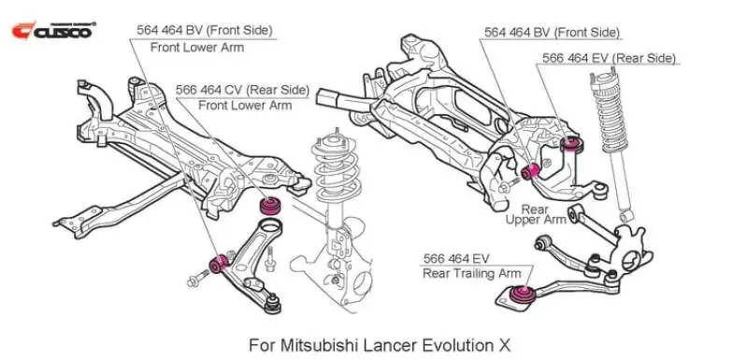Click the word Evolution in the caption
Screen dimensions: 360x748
[x=454, y=343]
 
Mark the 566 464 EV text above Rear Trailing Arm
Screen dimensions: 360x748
[x=456, y=257]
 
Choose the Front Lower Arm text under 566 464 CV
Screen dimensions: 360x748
[x=245, y=105]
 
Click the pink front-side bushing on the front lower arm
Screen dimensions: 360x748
[x=223, y=262]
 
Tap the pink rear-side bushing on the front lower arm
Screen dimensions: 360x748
[x=273, y=205]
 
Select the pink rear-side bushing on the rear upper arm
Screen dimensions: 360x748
[x=575, y=142]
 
